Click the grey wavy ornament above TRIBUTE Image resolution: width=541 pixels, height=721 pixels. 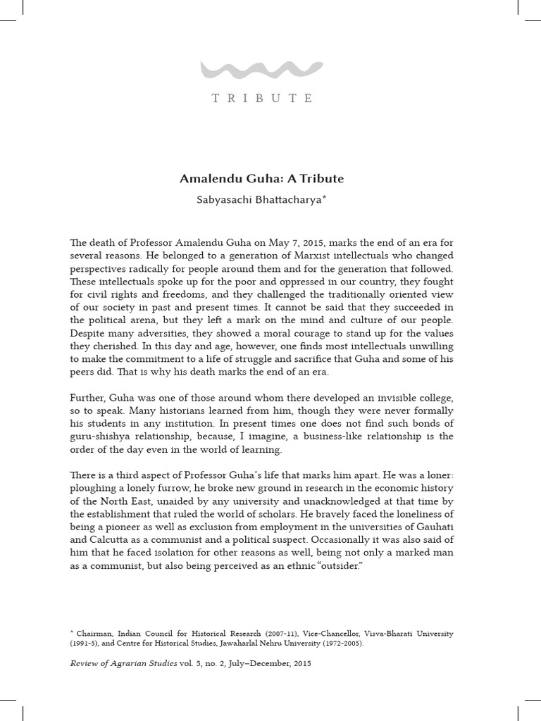click(261, 70)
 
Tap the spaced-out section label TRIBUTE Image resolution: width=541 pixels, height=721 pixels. click(262, 99)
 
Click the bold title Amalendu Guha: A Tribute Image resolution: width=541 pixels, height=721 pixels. click(261, 179)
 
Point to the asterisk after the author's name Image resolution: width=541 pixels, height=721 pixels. click(324, 198)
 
